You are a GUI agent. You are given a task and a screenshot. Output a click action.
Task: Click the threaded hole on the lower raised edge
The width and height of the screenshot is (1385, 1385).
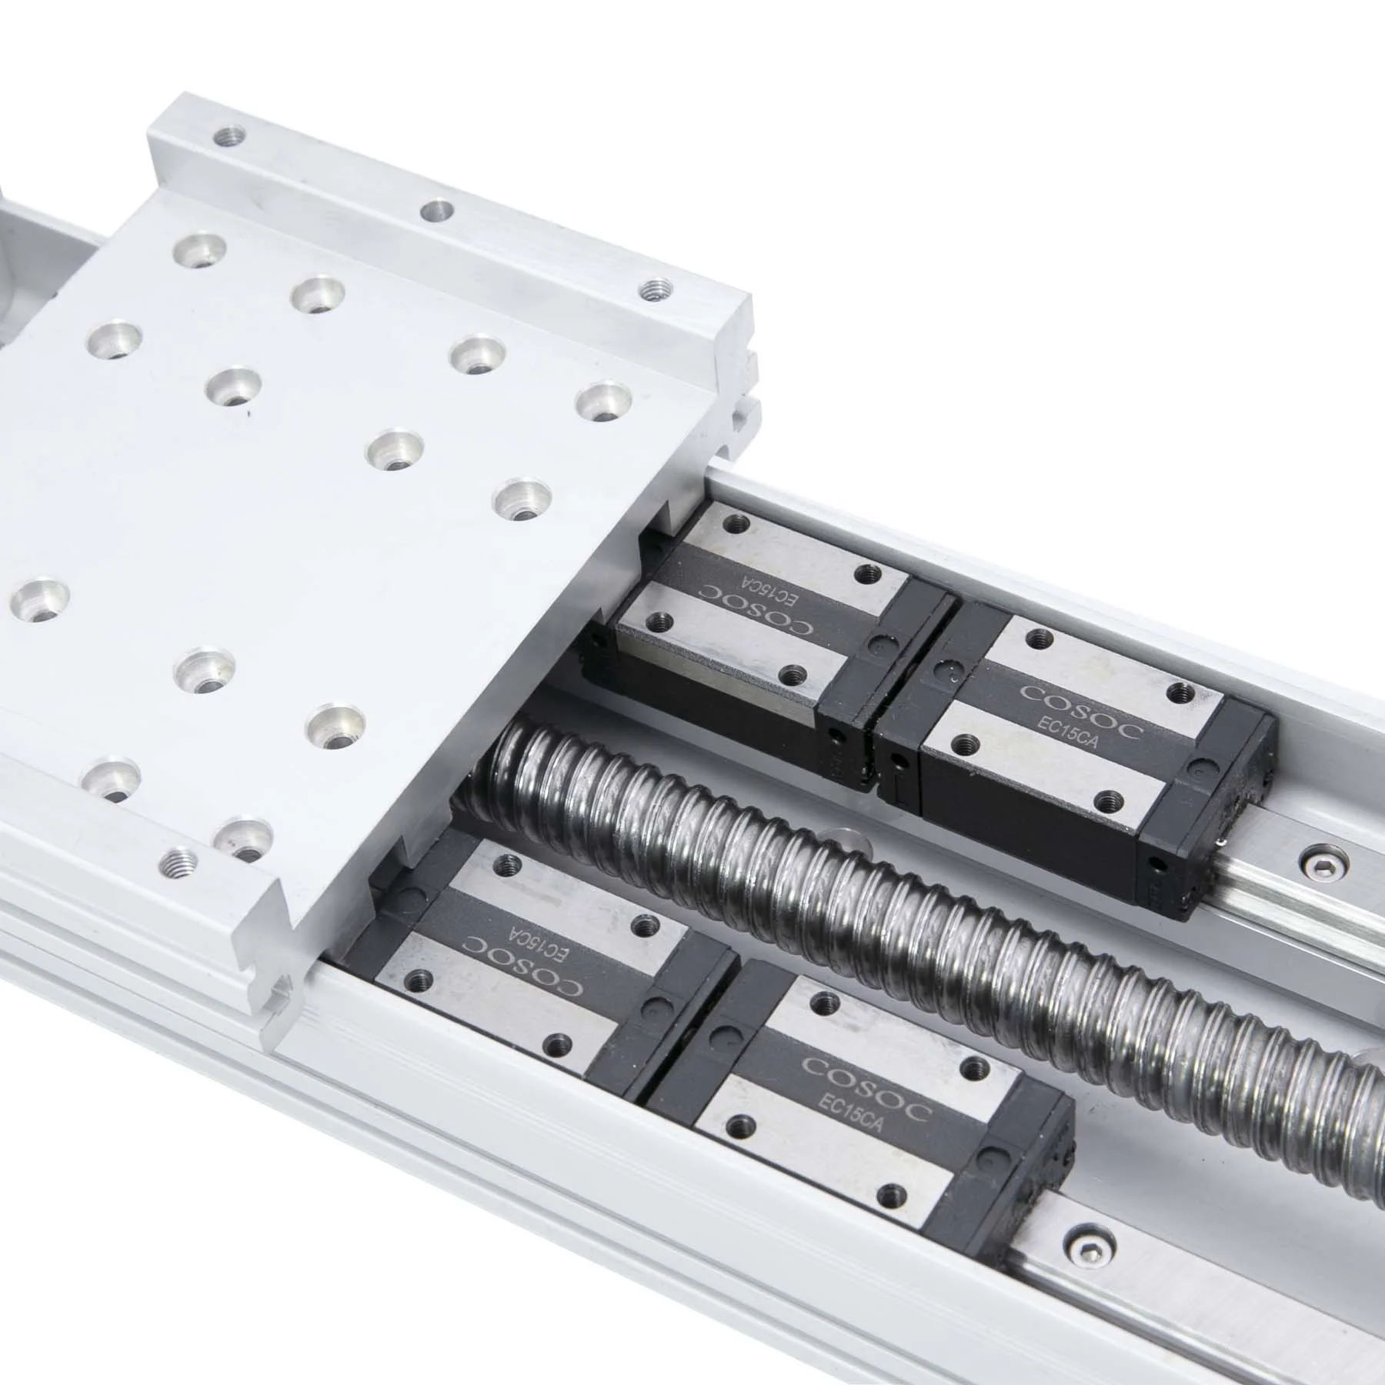point(178,859)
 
